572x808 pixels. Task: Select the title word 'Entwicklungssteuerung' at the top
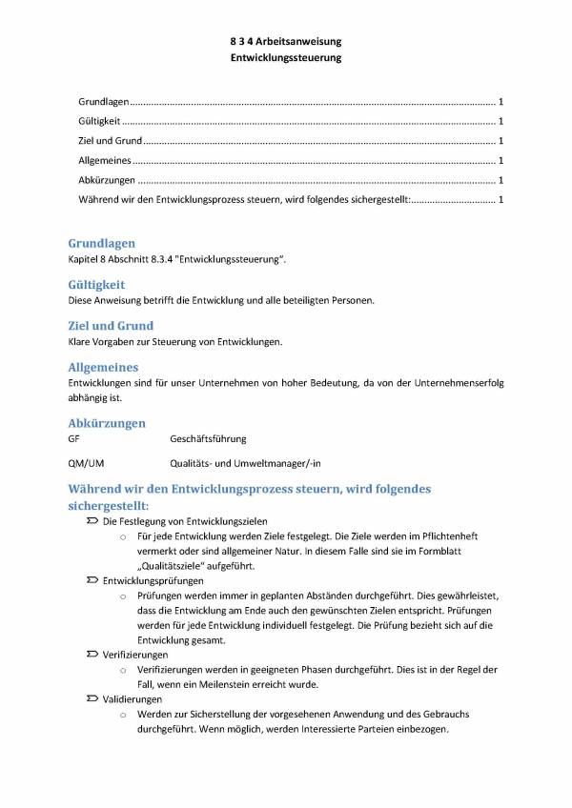[x=286, y=58]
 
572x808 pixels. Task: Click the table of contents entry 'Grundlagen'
[x=102, y=101]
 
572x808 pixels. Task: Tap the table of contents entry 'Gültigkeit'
[x=100, y=121]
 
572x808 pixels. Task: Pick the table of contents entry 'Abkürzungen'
[x=107, y=180]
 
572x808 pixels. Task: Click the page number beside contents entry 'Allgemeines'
[x=501, y=161]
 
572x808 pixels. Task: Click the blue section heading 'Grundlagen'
[x=102, y=243]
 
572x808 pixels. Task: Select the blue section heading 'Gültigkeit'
[x=97, y=284]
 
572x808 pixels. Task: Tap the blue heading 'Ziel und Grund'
[x=111, y=326]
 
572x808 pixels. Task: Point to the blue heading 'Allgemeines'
[x=104, y=367]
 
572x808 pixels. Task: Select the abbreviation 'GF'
[x=74, y=439]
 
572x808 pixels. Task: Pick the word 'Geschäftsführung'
[x=208, y=439]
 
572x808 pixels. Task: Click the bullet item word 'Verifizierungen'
[x=135, y=656]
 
